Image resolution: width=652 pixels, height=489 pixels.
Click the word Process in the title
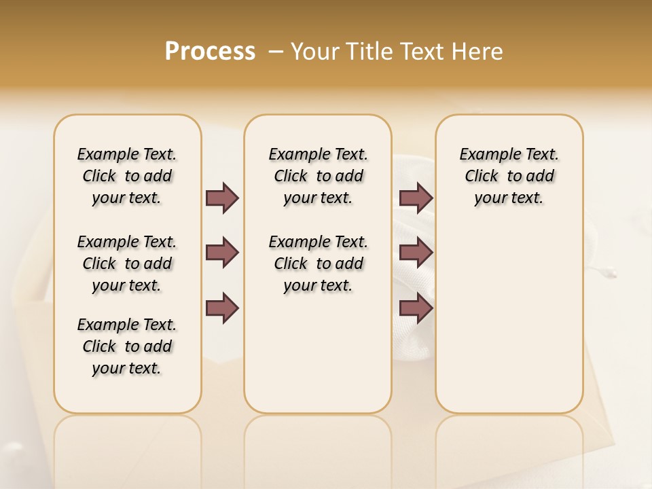point(210,51)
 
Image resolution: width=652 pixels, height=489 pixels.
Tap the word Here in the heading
point(478,52)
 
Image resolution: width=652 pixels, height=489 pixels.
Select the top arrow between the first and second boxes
point(222,198)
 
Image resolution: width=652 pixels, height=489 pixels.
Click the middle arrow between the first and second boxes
point(222,253)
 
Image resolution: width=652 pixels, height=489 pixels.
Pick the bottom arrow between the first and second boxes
point(222,308)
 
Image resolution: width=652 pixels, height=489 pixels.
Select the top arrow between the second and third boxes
point(416,198)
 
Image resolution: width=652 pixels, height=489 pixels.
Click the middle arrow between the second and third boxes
point(416,253)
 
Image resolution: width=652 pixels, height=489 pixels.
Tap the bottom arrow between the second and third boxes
point(416,308)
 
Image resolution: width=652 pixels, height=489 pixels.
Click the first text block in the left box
point(127,176)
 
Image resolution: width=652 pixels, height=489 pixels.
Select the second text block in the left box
point(127,264)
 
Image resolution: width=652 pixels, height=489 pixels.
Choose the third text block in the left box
point(127,346)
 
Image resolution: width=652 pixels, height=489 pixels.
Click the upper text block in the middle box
point(318,176)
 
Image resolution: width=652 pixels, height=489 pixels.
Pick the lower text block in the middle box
point(318,264)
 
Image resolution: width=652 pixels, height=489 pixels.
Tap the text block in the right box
point(509,176)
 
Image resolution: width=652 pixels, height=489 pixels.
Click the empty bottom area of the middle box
point(318,360)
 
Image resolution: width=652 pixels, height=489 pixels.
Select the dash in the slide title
point(276,51)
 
